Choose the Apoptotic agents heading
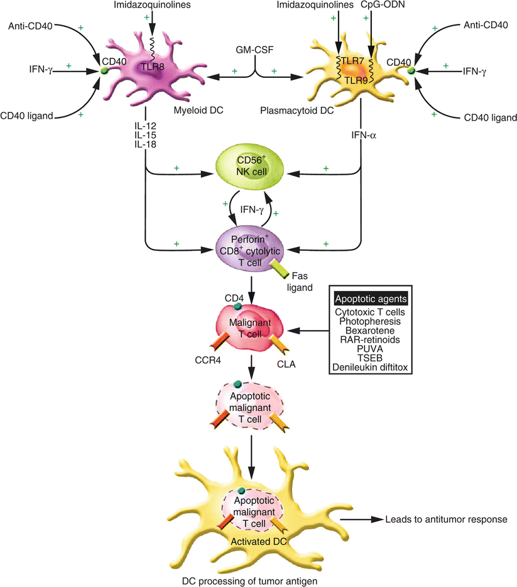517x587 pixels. [x=370, y=299]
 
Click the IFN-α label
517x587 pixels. [x=361, y=134]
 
